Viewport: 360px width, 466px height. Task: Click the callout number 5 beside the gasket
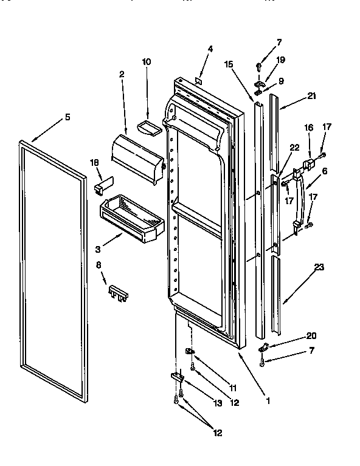(x=67, y=117)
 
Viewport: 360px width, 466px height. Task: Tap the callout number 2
(x=122, y=74)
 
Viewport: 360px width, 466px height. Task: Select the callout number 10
(x=146, y=61)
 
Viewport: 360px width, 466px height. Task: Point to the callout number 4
(x=210, y=49)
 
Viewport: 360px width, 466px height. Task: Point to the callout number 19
(x=281, y=60)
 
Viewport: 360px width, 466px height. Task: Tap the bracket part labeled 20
(x=264, y=348)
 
